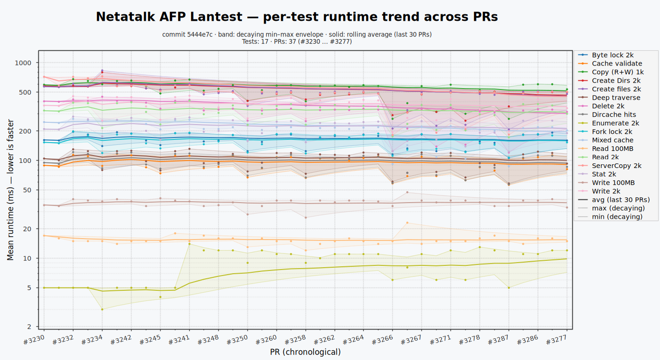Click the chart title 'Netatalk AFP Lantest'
(x=169, y=17)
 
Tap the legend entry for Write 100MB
(x=606, y=183)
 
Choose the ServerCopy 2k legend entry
(x=610, y=166)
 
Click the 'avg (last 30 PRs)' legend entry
(x=614, y=200)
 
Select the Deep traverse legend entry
(x=609, y=97)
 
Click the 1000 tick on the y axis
(x=23, y=63)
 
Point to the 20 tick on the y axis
(x=27, y=228)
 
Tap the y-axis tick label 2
(x=29, y=326)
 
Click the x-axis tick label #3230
(x=34, y=340)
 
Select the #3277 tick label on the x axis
(x=557, y=340)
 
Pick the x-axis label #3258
(x=295, y=340)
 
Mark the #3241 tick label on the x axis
(x=179, y=340)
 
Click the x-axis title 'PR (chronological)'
(x=305, y=352)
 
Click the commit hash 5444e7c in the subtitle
(x=200, y=35)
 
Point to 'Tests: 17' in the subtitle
(x=255, y=42)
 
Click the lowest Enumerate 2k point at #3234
(x=102, y=309)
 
